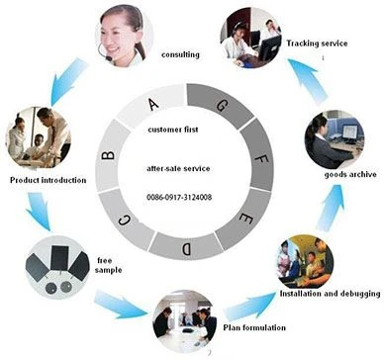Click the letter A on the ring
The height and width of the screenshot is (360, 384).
153,105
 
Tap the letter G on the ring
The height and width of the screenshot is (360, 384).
222,106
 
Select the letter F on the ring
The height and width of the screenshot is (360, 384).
262,158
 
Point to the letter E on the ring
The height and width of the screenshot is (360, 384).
246,218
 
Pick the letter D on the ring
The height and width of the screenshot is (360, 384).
186,248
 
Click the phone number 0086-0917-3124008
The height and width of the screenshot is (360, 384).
179,198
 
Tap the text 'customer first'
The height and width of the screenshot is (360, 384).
173,130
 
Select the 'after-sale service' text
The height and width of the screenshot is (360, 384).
178,168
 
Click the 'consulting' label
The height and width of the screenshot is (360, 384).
180,54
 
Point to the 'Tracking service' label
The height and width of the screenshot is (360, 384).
317,44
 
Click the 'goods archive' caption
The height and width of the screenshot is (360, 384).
350,174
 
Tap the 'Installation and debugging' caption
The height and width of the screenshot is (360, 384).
330,294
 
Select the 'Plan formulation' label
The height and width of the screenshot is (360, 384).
254,327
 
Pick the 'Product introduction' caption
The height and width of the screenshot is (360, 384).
48,180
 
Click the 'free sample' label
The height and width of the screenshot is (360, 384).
109,265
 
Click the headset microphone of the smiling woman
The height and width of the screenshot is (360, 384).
108,58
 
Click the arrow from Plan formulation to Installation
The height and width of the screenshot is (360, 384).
249,307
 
